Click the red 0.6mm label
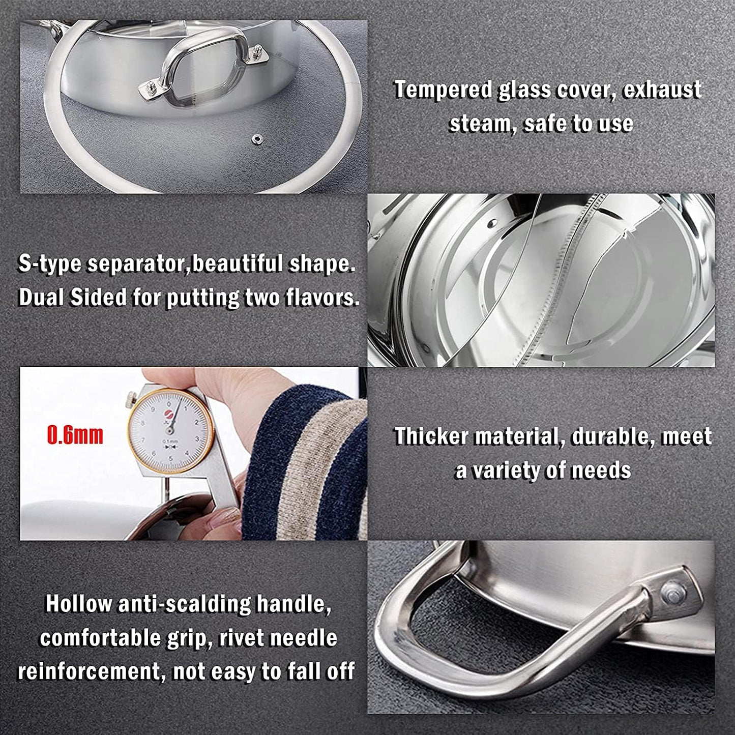tap(75, 435)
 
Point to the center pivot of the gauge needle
tap(170, 430)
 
